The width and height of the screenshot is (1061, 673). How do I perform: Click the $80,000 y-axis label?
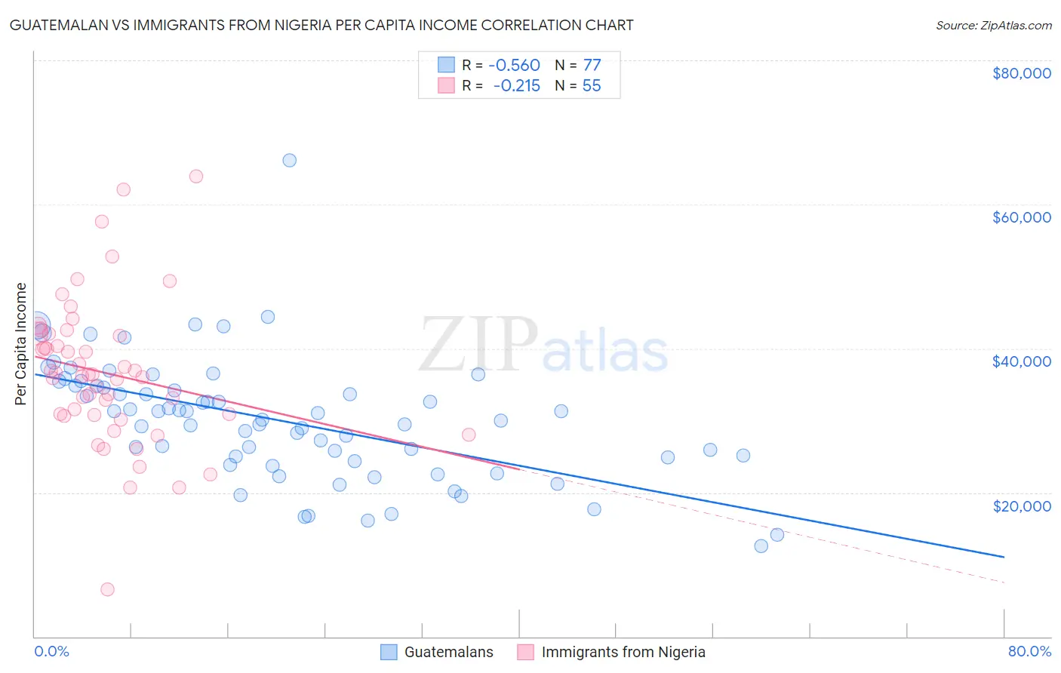pyautogui.click(x=1022, y=73)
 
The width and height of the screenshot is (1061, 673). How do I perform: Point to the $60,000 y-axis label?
pyautogui.click(x=1022, y=217)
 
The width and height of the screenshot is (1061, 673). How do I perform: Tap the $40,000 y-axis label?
pyautogui.click(x=1022, y=361)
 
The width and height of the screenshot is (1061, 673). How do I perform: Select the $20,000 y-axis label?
pyautogui.click(x=1022, y=506)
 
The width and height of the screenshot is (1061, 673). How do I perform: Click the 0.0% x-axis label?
pyautogui.click(x=51, y=652)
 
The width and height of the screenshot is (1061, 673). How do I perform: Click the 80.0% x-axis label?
pyautogui.click(x=1029, y=652)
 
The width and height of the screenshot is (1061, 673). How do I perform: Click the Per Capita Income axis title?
pyautogui.click(x=21, y=343)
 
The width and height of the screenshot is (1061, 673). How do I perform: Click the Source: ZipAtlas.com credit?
pyautogui.click(x=993, y=25)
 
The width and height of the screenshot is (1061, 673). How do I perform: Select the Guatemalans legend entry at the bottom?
pyautogui.click(x=448, y=652)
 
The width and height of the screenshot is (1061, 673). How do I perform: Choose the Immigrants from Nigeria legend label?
pyautogui.click(x=623, y=652)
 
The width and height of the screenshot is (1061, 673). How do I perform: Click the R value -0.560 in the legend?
pyautogui.click(x=514, y=65)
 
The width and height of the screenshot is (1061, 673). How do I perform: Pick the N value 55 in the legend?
pyautogui.click(x=592, y=86)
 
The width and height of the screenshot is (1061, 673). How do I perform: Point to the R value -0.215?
pyautogui.click(x=516, y=86)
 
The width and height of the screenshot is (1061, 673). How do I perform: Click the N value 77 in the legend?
pyautogui.click(x=592, y=65)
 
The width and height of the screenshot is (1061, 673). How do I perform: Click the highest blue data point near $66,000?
pyautogui.click(x=289, y=160)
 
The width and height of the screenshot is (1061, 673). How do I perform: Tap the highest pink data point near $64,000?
pyautogui.click(x=196, y=177)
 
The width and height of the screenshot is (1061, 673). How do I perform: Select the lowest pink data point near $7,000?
pyautogui.click(x=108, y=589)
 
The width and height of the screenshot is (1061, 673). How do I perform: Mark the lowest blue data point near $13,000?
pyautogui.click(x=761, y=546)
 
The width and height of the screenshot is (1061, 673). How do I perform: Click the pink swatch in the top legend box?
pyautogui.click(x=446, y=86)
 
